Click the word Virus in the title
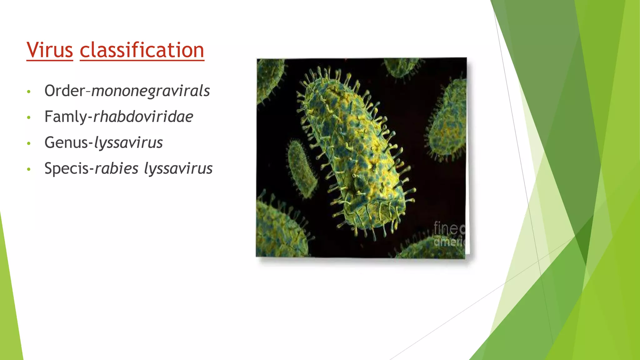click(x=50, y=50)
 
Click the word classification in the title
click(x=142, y=50)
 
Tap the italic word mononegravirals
click(x=151, y=91)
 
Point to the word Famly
click(x=66, y=117)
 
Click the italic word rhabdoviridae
click(x=143, y=117)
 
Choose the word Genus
click(x=66, y=143)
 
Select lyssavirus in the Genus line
click(x=128, y=143)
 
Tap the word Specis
click(x=67, y=169)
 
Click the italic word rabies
click(x=116, y=168)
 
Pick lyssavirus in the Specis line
click(x=178, y=168)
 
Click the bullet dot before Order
click(x=29, y=92)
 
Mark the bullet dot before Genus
click(x=29, y=143)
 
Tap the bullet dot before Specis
click(x=29, y=169)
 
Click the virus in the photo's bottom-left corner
click(x=277, y=231)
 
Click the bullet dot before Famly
click(x=29, y=117)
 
